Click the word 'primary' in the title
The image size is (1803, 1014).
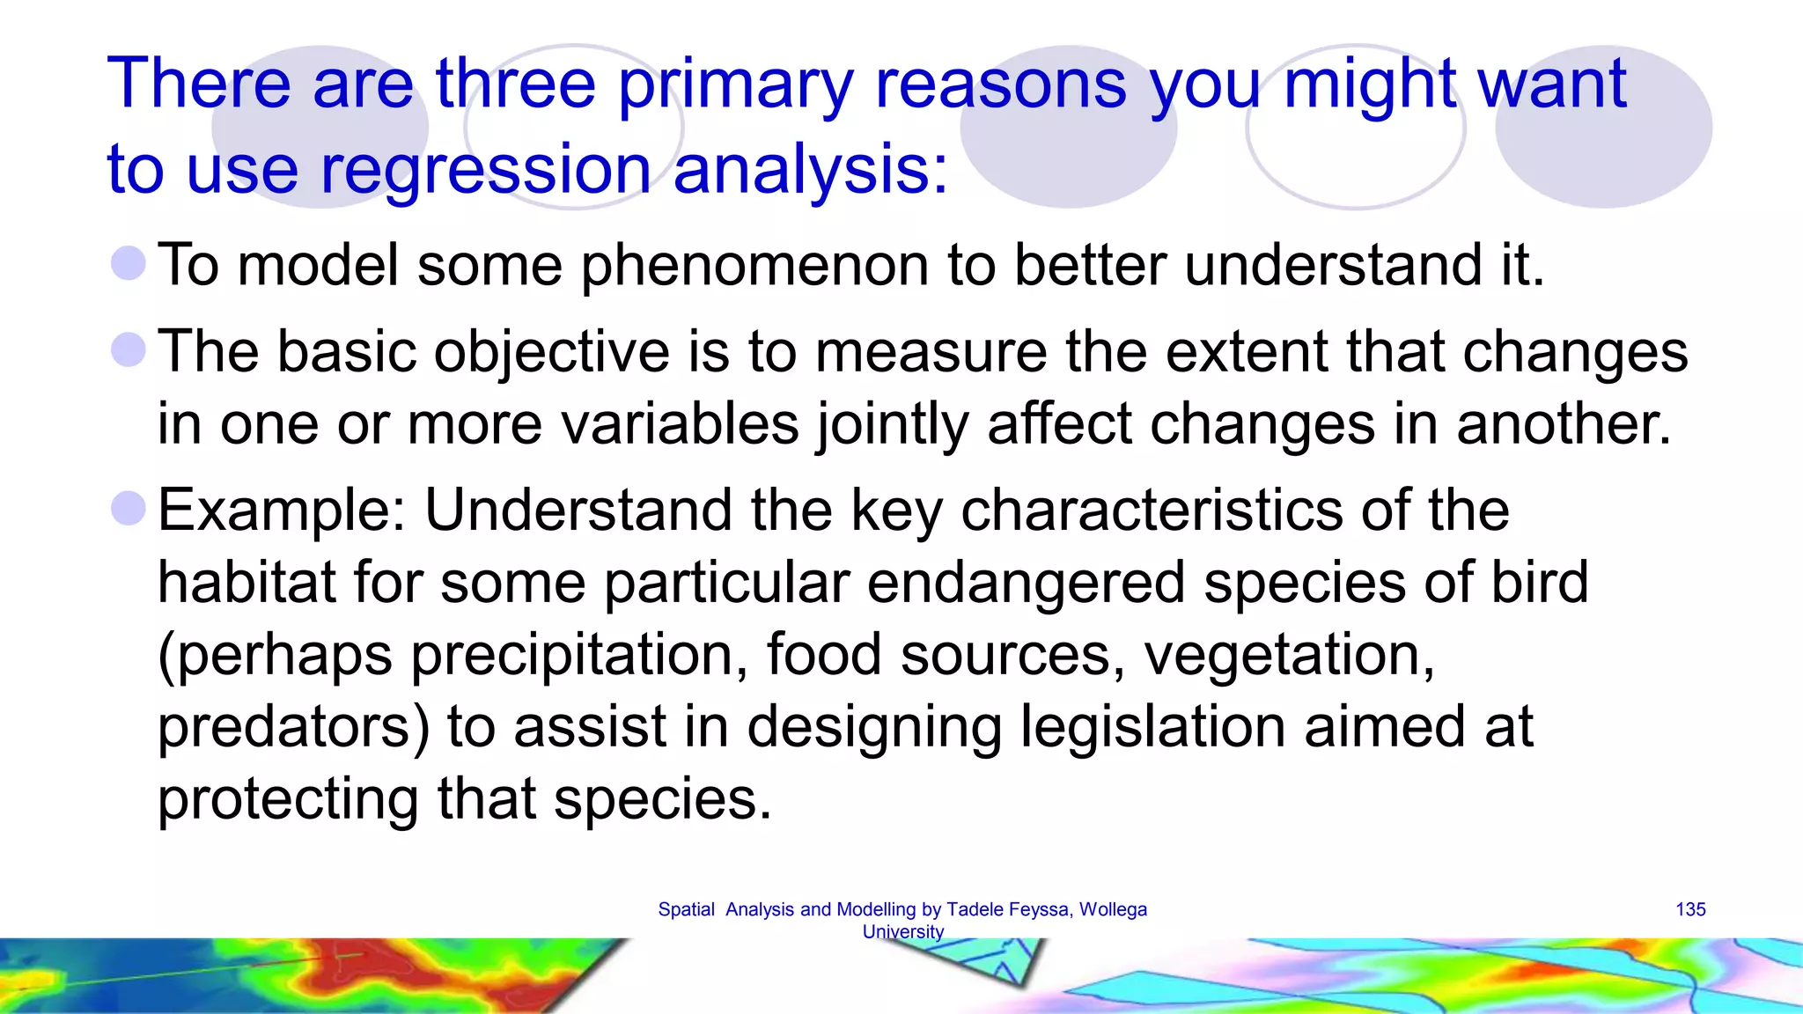coord(735,85)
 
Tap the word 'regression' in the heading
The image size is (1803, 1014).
coord(485,170)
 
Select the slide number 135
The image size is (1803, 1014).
coord(1690,909)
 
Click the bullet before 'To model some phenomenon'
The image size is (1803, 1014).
coord(129,264)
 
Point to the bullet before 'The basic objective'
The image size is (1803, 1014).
coord(129,350)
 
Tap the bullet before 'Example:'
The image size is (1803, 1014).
coord(129,509)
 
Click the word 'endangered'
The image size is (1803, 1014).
coord(1026,583)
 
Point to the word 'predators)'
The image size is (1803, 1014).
coord(293,728)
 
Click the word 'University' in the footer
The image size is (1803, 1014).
coord(902,931)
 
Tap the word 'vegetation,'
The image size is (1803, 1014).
coord(1289,657)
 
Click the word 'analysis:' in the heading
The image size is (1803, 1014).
coord(811,170)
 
